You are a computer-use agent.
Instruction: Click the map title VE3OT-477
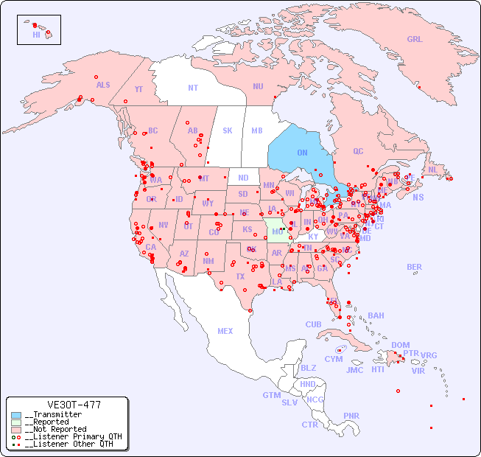pyautogui.click(x=74, y=405)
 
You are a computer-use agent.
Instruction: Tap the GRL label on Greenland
pyautogui.click(x=415, y=40)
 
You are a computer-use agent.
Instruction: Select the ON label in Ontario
pyautogui.click(x=302, y=153)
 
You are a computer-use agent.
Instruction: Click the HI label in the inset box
pyautogui.click(x=36, y=35)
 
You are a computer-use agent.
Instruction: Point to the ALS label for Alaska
pyautogui.click(x=103, y=85)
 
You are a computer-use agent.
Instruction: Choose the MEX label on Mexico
pyautogui.click(x=225, y=331)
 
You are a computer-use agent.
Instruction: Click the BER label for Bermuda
pyautogui.click(x=414, y=267)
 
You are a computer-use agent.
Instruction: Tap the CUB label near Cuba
pyautogui.click(x=313, y=324)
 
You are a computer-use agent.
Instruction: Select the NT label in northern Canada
pyautogui.click(x=192, y=88)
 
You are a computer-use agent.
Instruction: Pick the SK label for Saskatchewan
pyautogui.click(x=228, y=130)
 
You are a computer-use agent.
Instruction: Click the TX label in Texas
pyautogui.click(x=239, y=276)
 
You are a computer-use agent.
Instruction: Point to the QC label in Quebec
pyautogui.click(x=358, y=151)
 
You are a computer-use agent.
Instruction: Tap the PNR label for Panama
pyautogui.click(x=351, y=416)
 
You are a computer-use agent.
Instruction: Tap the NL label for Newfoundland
pyautogui.click(x=432, y=169)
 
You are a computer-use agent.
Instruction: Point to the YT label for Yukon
pyautogui.click(x=138, y=89)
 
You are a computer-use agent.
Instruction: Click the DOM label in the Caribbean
pyautogui.click(x=400, y=345)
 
